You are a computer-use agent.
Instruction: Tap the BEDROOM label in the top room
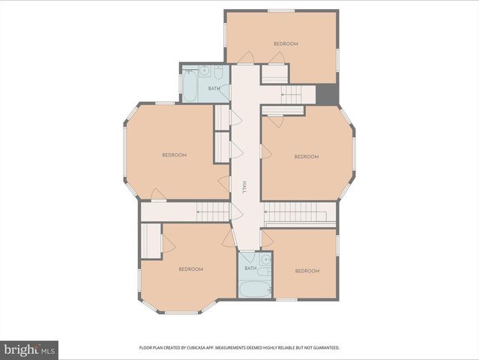[x=286, y=43]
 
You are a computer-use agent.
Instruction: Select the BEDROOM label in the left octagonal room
[x=174, y=155]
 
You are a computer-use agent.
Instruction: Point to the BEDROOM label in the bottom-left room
[x=190, y=269]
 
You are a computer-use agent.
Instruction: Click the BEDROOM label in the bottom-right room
[x=307, y=271]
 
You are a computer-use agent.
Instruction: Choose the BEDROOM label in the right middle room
[x=306, y=157]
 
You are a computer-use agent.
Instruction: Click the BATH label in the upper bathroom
[x=214, y=88]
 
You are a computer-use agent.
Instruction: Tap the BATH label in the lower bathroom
[x=250, y=268]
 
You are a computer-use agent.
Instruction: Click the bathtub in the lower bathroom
[x=255, y=289]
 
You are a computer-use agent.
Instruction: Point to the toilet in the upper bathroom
[x=218, y=72]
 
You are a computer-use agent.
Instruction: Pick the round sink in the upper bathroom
[x=204, y=71]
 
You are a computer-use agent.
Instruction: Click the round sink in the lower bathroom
[x=265, y=259]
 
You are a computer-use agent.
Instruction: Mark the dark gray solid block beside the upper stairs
[x=327, y=94]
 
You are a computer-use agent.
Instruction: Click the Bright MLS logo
[x=29, y=349]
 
